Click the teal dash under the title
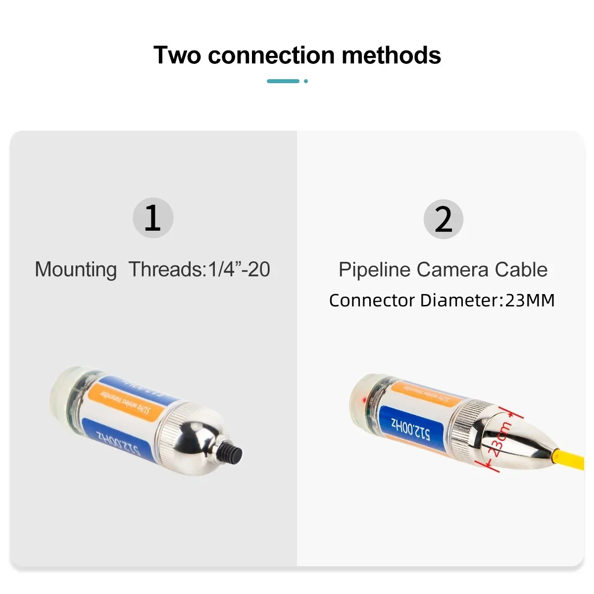283,81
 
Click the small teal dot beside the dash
306,81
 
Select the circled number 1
153,218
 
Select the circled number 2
443,219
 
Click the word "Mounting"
76,270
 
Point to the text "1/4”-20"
239,269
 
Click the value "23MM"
530,300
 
